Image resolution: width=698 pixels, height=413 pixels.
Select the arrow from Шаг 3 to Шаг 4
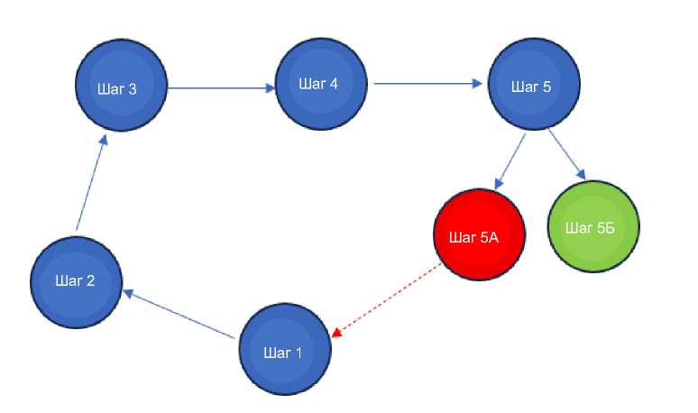(x=222, y=88)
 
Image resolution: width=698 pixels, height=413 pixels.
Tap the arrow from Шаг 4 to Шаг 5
(x=428, y=84)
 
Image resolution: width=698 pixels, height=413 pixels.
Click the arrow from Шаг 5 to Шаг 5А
(x=510, y=162)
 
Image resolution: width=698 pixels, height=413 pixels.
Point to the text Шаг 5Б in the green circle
(x=590, y=226)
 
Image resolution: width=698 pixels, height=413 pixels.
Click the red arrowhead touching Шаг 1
(x=336, y=332)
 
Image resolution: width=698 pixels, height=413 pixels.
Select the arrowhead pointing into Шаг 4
(x=270, y=88)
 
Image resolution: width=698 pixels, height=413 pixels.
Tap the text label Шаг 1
(x=281, y=353)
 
